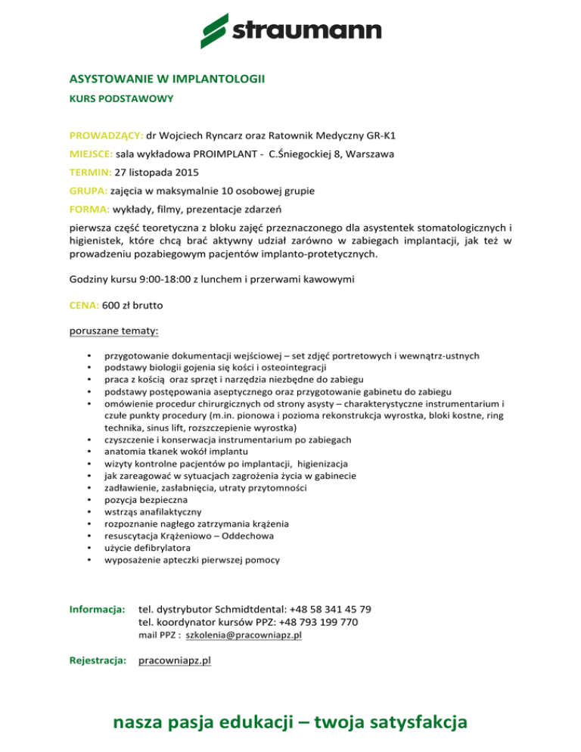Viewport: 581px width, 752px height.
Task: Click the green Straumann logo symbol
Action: [x=215, y=30]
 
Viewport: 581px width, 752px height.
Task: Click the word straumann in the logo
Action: [x=306, y=31]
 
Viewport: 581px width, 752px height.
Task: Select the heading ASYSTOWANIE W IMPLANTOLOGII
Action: [x=167, y=78]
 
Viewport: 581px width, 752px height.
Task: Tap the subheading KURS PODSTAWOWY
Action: [x=111, y=98]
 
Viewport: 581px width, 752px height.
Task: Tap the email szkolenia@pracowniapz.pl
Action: [x=250, y=635]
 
